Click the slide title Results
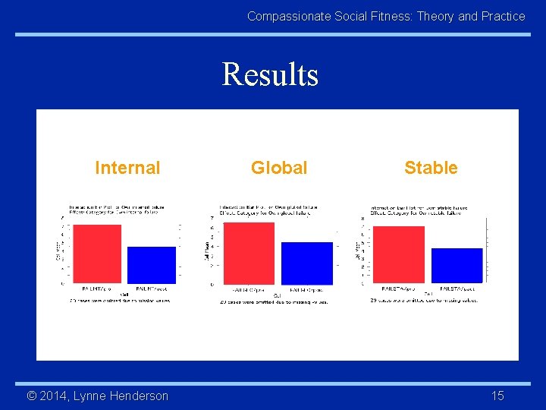coord(270,74)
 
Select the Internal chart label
coord(127,168)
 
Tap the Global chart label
coord(279,168)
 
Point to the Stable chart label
coord(431,168)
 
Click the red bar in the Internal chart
coord(96,254)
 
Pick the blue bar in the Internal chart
coord(152,264)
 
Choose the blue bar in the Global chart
coord(307,263)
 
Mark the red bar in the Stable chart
coord(399,254)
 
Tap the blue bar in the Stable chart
coord(457,265)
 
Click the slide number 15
coord(497,396)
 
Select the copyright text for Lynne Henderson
coord(98,396)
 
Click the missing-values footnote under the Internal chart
coord(121,301)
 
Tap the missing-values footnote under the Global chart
coord(273,301)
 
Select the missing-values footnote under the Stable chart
coord(424,301)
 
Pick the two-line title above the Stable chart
coord(419,210)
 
